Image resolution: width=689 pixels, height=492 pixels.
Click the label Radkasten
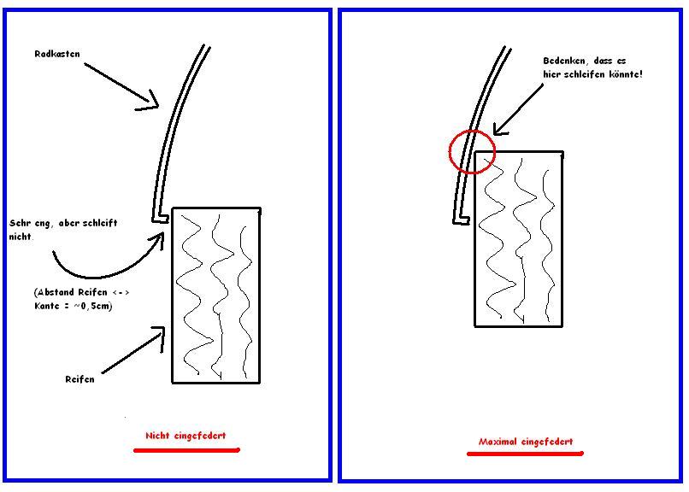pyautogui.click(x=57, y=54)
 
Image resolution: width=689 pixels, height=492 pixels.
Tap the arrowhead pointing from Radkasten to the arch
pyautogui.click(x=155, y=106)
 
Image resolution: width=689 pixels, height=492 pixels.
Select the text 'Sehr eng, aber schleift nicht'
pyautogui.click(x=64, y=228)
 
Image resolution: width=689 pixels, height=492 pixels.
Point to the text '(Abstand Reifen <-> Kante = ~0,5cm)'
pyautogui.click(x=82, y=298)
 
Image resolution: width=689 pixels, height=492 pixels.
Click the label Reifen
pyautogui.click(x=79, y=378)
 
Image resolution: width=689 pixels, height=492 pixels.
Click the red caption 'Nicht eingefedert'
pyautogui.click(x=185, y=435)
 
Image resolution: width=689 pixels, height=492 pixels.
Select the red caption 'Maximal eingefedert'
pyautogui.click(x=525, y=442)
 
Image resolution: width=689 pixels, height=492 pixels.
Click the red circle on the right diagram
pyautogui.click(x=472, y=150)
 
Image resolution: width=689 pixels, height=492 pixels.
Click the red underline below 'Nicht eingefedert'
pyautogui.click(x=186, y=448)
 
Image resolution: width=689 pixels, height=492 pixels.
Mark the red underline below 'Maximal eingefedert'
pyautogui.click(x=525, y=453)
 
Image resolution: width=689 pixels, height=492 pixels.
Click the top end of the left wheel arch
pyautogui.click(x=206, y=47)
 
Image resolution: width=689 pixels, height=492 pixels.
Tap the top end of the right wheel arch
pyautogui.click(x=507, y=47)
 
